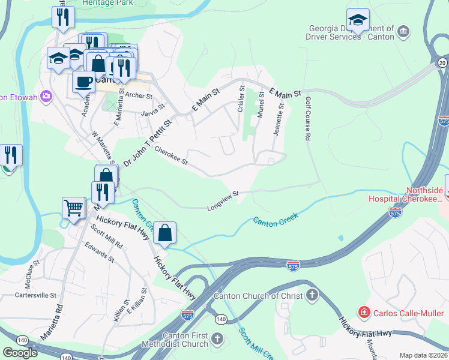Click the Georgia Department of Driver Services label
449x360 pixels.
pos(352,32)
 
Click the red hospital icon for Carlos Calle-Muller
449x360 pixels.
pos(363,312)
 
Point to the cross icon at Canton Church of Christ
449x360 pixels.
pos(312,295)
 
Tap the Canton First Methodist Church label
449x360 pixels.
pos(174,340)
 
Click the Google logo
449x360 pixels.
pos(20,352)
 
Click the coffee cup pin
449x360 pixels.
pos(83,82)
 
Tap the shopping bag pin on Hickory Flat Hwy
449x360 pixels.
pos(165,232)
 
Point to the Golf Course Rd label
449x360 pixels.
pos(307,119)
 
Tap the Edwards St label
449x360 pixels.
pos(99,252)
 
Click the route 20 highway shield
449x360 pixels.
pos(442,63)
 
